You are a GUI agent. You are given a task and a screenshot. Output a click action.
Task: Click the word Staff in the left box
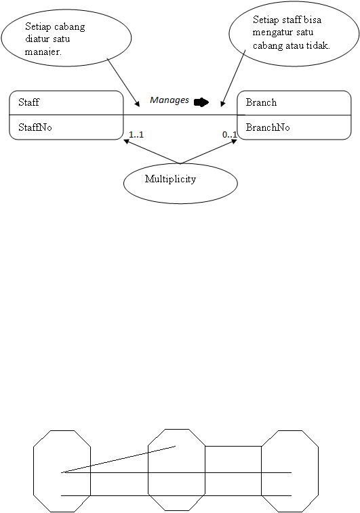(28, 102)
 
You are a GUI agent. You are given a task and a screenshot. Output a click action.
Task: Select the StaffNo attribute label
(35, 127)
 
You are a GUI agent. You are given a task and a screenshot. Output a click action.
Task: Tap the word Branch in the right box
(261, 102)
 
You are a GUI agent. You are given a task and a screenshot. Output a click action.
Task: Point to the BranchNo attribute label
(268, 127)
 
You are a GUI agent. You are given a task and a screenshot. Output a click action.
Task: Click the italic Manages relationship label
(169, 100)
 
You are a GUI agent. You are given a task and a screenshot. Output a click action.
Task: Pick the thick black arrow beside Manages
(201, 102)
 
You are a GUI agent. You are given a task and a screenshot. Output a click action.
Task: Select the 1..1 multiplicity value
(136, 134)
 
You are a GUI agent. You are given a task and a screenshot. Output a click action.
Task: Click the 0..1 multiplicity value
(229, 134)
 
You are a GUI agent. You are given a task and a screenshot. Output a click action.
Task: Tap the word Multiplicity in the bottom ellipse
(171, 179)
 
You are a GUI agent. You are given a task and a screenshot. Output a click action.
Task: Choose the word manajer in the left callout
(43, 52)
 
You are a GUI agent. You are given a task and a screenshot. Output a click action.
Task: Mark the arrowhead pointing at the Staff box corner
(126, 142)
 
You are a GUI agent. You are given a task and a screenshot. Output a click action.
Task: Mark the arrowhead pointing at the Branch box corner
(234, 142)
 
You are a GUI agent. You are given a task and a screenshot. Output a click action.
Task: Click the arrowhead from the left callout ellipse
(138, 104)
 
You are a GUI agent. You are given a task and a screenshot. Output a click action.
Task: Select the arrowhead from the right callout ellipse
(222, 104)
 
